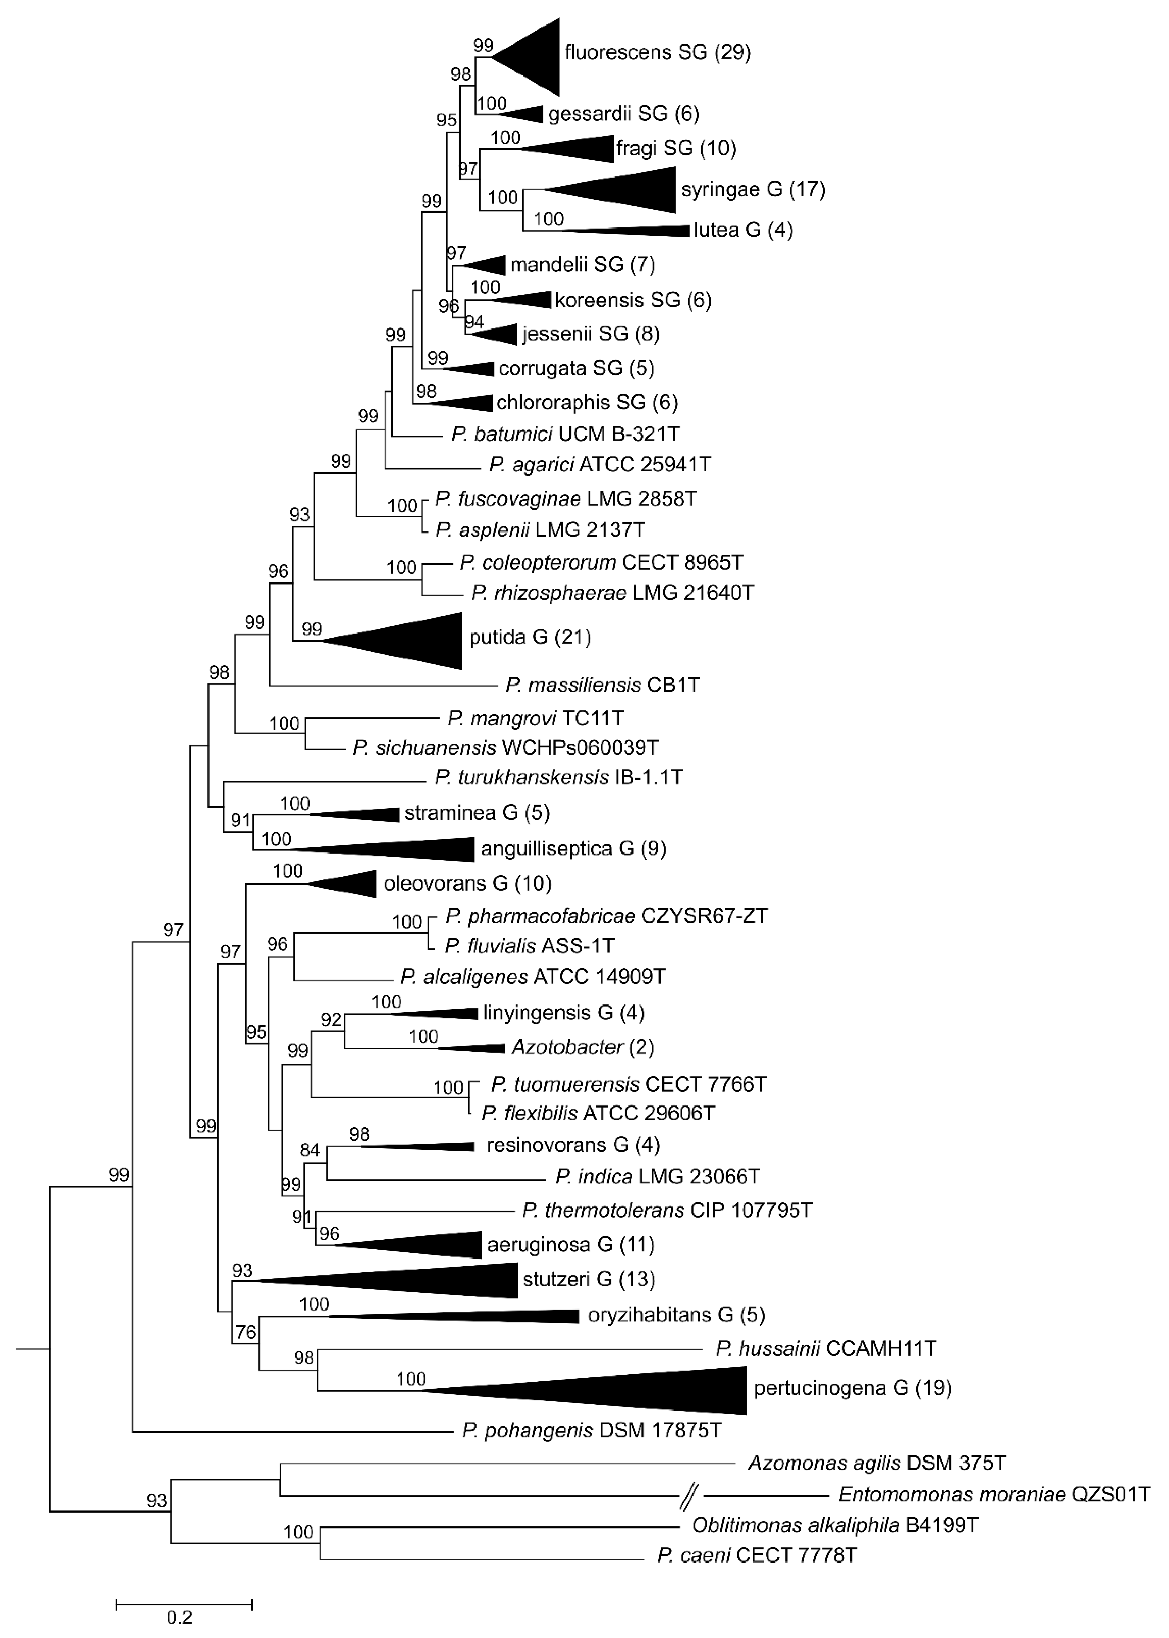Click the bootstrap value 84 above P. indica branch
(x=310, y=1150)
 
